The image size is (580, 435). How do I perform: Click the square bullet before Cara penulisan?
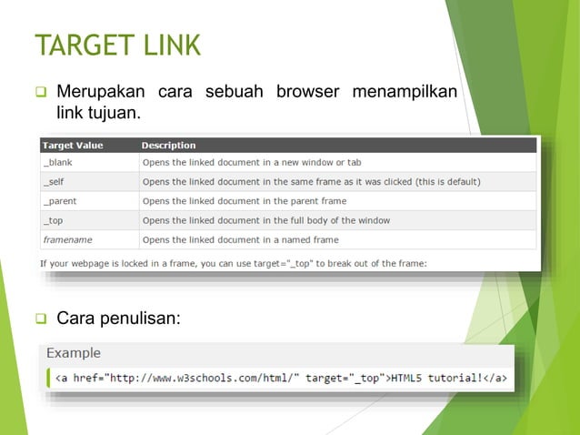tap(40, 319)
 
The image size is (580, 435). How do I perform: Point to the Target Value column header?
tap(73, 146)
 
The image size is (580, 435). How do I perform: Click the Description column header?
tap(169, 146)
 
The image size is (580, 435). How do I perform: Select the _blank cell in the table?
tap(58, 162)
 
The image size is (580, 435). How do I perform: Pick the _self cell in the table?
tap(55, 181)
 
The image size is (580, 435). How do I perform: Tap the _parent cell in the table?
tap(61, 201)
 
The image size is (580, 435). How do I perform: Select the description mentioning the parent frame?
tap(245, 201)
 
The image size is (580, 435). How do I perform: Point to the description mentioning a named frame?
tap(241, 239)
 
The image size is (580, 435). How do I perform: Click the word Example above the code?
tap(74, 352)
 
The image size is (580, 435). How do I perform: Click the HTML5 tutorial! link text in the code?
tap(438, 378)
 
